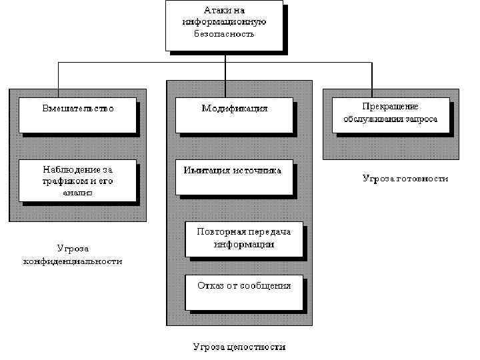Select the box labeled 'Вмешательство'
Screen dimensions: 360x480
pyautogui.click(x=77, y=115)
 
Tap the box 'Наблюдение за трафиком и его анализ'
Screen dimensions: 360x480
pyautogui.click(x=77, y=180)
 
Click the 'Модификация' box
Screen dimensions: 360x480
pyautogui.click(x=234, y=115)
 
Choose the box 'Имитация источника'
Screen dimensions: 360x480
pyautogui.click(x=234, y=176)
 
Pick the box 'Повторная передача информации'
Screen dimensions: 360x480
pyautogui.click(x=244, y=239)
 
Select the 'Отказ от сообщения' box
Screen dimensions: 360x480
pyautogui.click(x=244, y=292)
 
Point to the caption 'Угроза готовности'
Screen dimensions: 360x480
pyautogui.click(x=405, y=179)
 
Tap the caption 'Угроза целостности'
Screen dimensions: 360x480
pyautogui.click(x=239, y=347)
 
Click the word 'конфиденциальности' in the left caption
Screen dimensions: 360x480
pyautogui.click(x=73, y=261)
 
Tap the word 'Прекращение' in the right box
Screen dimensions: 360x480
pyautogui.click(x=390, y=107)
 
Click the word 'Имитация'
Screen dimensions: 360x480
pyautogui.click(x=207, y=170)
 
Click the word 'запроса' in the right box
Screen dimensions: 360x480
pyautogui.click(x=420, y=119)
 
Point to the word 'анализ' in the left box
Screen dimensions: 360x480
pyautogui.click(x=77, y=193)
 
